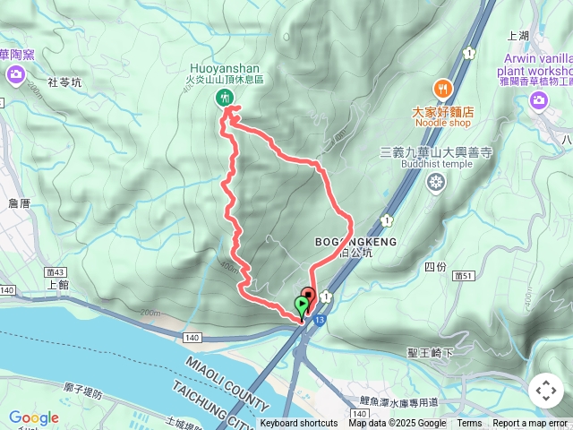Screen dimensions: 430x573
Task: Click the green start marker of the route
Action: [300, 305]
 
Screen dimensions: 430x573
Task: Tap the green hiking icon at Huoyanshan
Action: [223, 97]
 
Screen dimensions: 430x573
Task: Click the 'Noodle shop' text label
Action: [442, 125]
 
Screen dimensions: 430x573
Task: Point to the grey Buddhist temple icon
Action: [436, 184]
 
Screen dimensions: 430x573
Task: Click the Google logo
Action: [34, 417]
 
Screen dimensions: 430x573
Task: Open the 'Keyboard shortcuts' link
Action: [299, 424]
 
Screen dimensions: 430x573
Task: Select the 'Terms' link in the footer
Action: [469, 424]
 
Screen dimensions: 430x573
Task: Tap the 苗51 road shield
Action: [464, 276]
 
